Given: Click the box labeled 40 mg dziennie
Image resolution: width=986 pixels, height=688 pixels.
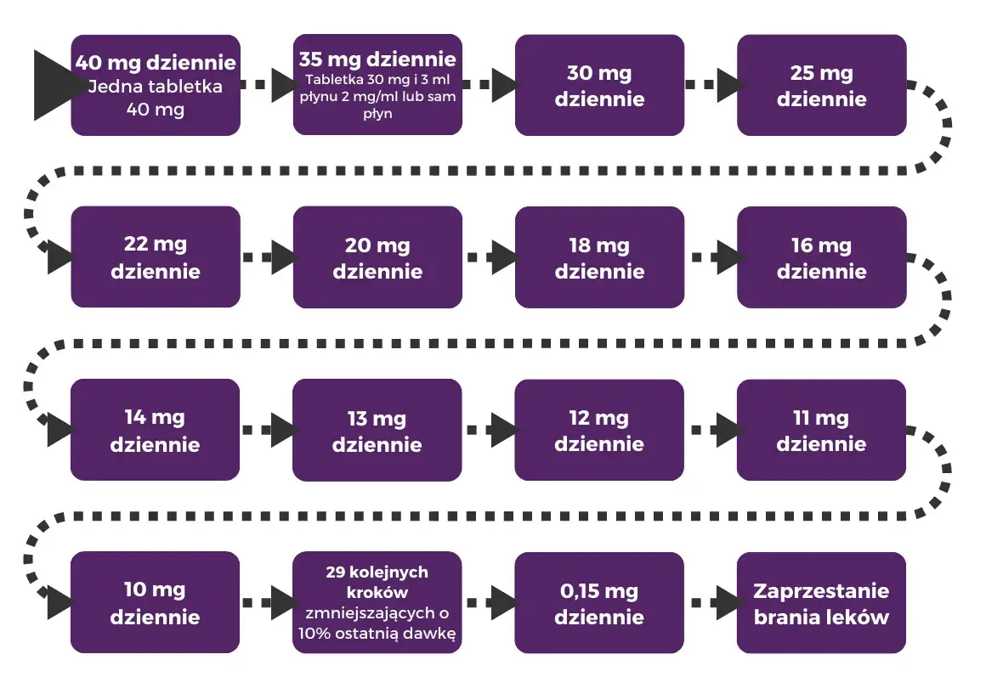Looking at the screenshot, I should pos(156,85).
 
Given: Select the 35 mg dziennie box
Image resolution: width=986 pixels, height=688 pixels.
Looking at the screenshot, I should pos(377,85).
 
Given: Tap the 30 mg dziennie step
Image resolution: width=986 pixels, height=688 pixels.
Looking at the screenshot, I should pos(599,85).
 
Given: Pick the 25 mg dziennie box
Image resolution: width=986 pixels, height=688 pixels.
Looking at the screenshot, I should pos(821,85).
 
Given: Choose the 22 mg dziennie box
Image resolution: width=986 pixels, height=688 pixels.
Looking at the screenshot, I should pos(156,257).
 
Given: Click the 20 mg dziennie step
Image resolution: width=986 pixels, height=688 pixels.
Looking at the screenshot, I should pos(377,257).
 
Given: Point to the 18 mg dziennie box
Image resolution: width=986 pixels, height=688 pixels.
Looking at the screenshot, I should pos(599,257).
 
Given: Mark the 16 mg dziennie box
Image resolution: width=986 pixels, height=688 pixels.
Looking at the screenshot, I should pos(821,257).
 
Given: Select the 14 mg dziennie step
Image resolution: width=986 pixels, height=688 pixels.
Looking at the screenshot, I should pos(156,430).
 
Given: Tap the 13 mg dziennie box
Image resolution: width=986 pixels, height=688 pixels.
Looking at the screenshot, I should pos(377,430).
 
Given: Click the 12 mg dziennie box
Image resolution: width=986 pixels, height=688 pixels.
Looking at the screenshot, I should pos(599,430).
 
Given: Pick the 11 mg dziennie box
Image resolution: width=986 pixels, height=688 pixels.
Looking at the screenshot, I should pos(821,430).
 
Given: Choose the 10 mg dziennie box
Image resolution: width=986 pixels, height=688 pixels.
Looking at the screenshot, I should pos(156,602).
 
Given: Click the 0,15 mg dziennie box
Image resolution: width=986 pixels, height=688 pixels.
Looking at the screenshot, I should pos(599,602).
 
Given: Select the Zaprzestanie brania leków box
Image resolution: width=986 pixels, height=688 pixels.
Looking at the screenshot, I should pos(821,602).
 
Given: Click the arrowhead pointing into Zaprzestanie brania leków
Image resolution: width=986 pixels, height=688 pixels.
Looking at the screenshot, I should pos(724,602).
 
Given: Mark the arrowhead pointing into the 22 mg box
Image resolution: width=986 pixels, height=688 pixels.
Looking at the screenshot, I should pos(59,257).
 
